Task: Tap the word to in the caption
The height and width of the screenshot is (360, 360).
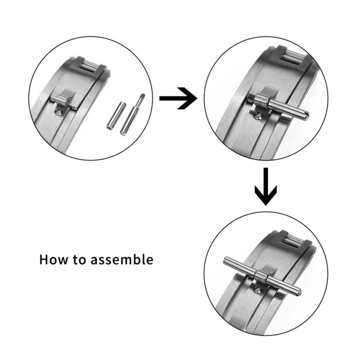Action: click(79, 260)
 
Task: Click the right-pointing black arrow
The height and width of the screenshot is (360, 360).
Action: click(178, 98)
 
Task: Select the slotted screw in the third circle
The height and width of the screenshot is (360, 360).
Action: click(258, 290)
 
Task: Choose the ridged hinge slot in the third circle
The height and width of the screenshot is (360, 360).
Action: click(295, 242)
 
